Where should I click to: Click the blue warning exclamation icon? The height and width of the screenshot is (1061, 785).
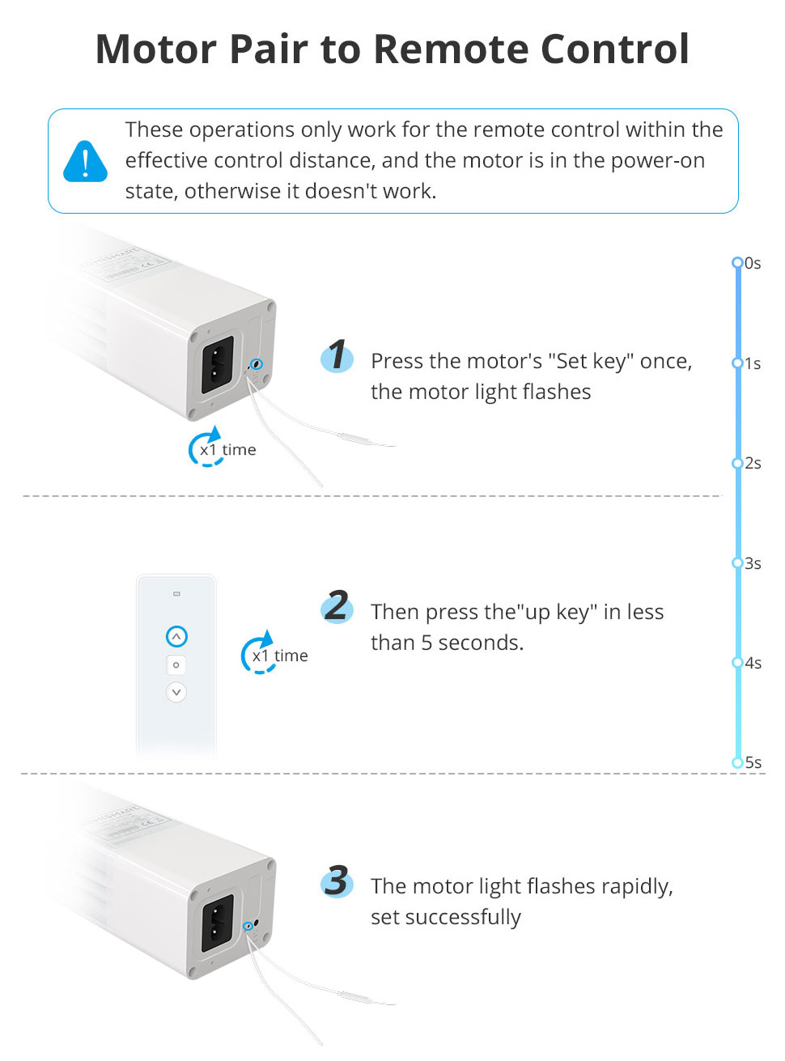pos(85,161)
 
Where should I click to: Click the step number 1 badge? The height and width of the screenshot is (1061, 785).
pos(337,355)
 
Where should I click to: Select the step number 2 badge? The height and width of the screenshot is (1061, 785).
pos(337,606)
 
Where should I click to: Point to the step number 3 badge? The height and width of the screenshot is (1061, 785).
pos(337,881)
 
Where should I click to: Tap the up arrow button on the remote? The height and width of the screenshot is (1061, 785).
pos(176,637)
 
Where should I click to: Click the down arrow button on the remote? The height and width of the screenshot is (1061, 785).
pos(176,693)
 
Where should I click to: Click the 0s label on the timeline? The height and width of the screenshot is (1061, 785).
pos(753,263)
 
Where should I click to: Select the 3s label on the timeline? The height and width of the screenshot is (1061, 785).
pos(753,563)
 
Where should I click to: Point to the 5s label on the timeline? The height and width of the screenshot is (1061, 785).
pos(753,762)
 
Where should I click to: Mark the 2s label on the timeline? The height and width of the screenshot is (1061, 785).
pos(753,463)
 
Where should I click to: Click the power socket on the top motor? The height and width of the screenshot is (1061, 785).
pos(217,363)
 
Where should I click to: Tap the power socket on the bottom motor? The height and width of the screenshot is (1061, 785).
pos(217,923)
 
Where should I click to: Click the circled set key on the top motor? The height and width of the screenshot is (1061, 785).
pos(257,365)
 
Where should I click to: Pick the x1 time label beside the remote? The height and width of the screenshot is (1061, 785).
pos(279,656)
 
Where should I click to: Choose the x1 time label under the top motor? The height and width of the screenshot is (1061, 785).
pos(227,450)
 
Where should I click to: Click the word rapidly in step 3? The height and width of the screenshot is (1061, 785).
pos(636,887)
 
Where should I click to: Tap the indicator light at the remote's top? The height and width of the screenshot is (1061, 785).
pos(176,594)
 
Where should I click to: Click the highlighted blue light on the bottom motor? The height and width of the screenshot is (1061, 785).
pos(248,926)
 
